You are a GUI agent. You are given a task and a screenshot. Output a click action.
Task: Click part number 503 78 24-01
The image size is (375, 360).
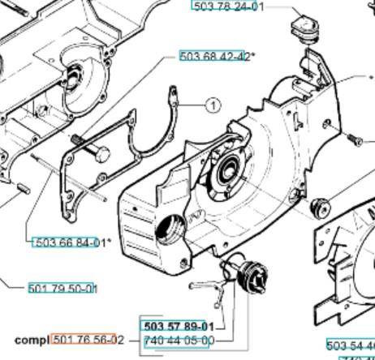pos(227,6)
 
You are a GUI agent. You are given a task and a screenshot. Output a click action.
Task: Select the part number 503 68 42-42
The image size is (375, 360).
pos(216,56)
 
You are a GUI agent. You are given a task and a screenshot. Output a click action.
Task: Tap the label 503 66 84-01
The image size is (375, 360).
pos(70,242)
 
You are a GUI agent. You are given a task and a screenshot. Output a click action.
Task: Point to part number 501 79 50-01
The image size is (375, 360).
pos(62,289)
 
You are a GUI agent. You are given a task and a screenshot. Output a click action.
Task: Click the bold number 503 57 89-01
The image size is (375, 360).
pos(179,326)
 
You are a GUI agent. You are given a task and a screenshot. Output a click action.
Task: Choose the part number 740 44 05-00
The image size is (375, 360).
pos(179,341)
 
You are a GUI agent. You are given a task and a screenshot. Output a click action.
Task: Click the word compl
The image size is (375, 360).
pos(32,340)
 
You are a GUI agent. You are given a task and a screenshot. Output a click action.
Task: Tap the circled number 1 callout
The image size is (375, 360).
pos(211,105)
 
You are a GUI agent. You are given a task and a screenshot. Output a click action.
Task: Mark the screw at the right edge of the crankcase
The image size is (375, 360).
pos(354,140)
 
